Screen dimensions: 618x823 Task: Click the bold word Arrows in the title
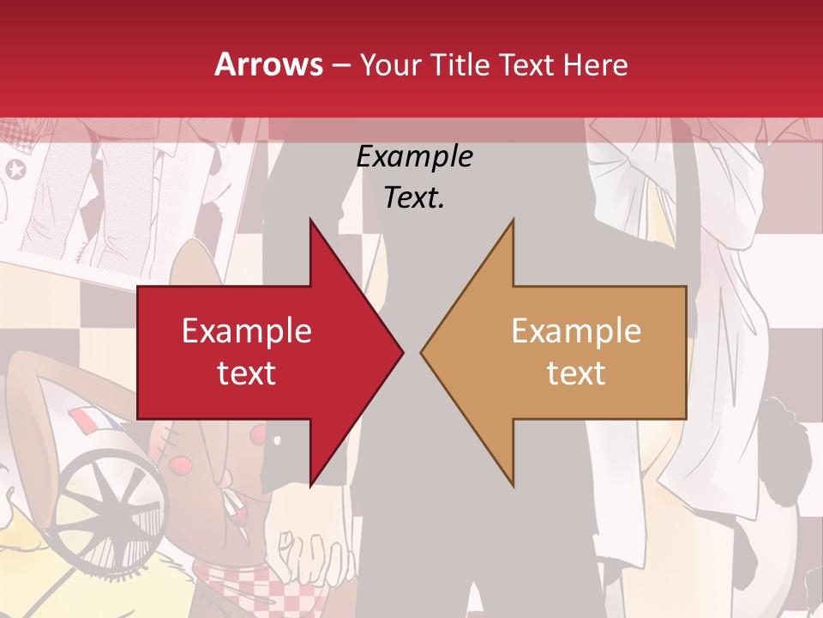coord(268,64)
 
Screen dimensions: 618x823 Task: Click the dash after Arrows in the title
coord(340,65)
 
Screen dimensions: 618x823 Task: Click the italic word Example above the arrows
coord(414,157)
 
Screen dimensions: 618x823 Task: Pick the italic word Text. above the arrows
coord(414,198)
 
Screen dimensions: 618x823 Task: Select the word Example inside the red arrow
coord(247,331)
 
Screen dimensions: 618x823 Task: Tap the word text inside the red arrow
coord(247,373)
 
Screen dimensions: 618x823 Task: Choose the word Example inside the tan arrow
coord(576,331)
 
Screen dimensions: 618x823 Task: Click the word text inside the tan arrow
coord(576,373)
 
